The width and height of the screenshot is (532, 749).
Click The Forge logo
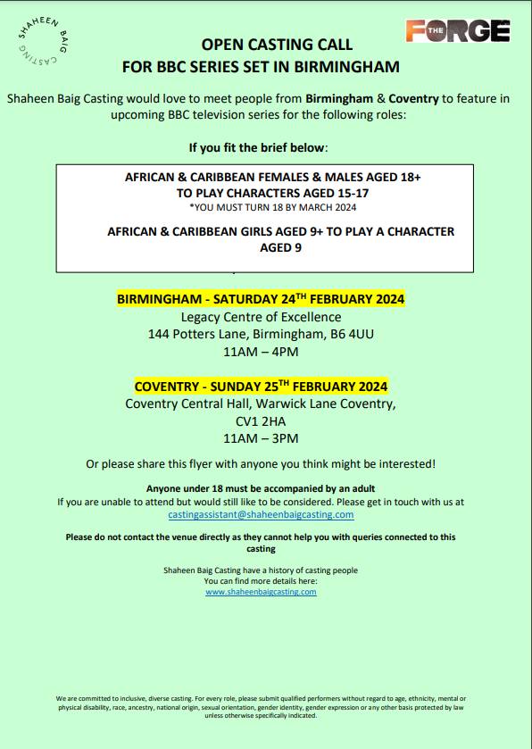457,31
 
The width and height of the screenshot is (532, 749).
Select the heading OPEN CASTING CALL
277,44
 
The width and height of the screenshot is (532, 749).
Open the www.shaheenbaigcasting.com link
261,592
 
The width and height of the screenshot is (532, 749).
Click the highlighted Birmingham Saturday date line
261,299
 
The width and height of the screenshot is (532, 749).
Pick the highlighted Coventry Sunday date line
261,387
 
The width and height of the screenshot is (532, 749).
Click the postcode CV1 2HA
261,420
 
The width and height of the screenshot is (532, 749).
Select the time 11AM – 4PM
261,352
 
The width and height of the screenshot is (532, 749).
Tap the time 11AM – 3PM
261,438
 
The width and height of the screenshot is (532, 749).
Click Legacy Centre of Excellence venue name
261,317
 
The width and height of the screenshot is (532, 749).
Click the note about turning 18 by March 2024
273,207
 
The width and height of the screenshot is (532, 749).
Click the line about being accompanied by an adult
261,488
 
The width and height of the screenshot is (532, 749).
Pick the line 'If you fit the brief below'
258,147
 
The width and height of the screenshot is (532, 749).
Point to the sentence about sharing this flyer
261,463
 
